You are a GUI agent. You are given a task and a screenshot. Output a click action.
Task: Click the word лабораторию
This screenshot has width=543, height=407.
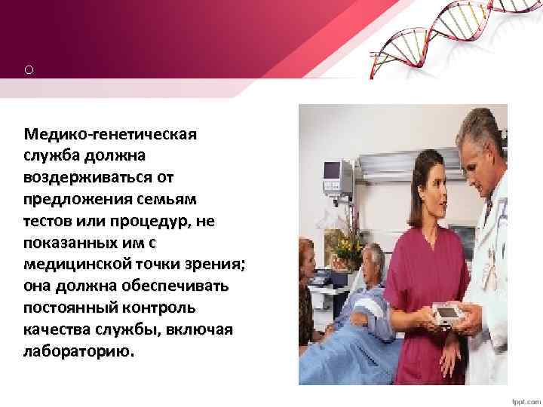click(79, 352)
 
